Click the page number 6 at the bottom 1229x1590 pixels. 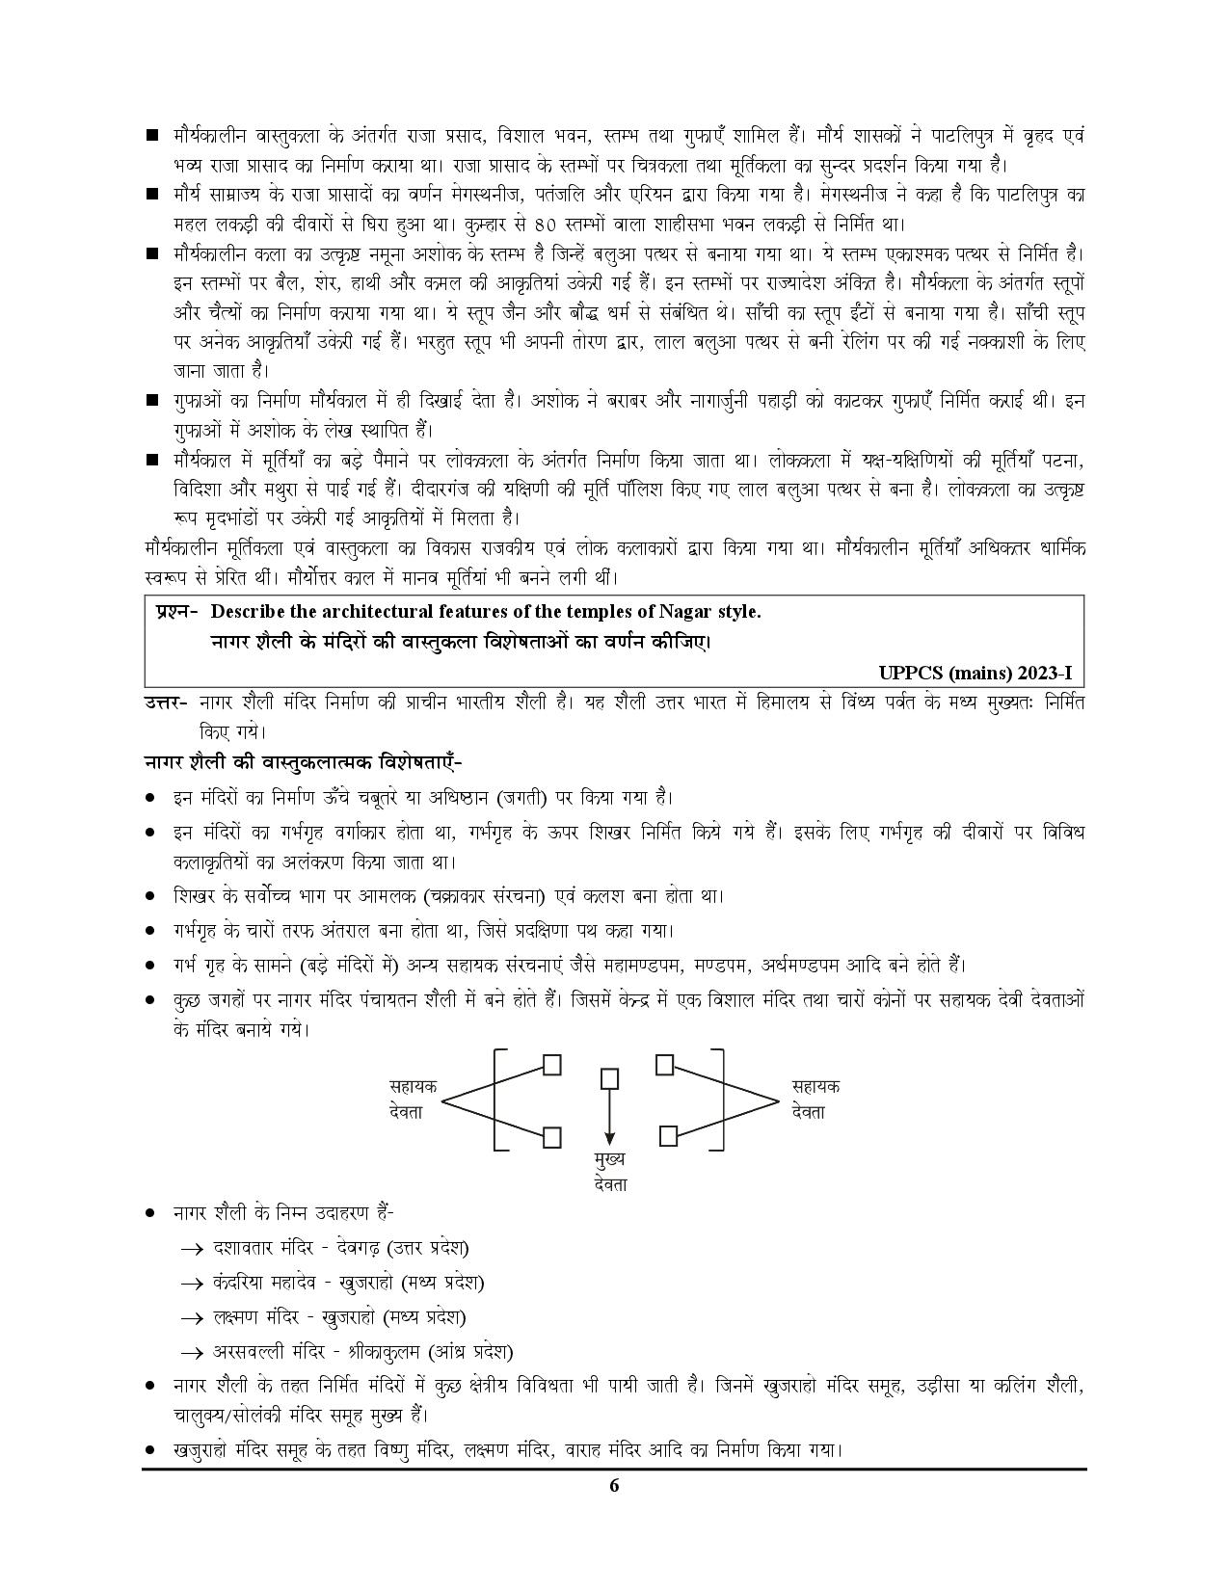pyautogui.click(x=614, y=1485)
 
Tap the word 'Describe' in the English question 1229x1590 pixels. pyautogui.click(x=247, y=612)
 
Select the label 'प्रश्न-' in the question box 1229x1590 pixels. pyautogui.click(x=175, y=612)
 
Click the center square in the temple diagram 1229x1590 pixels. pyautogui.click(x=608, y=1076)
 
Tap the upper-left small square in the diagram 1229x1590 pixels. pyautogui.click(x=552, y=1065)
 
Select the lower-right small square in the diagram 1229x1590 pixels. pyautogui.click(x=668, y=1136)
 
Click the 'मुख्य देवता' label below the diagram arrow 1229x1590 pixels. pyautogui.click(x=610, y=1170)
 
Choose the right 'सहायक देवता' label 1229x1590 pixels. pyautogui.click(x=815, y=1099)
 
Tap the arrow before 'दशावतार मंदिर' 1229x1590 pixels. pyautogui.click(x=192, y=1249)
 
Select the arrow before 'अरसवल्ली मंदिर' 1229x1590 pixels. pyautogui.click(x=192, y=1352)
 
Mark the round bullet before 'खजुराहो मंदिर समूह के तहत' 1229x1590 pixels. pyautogui.click(x=150, y=1449)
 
